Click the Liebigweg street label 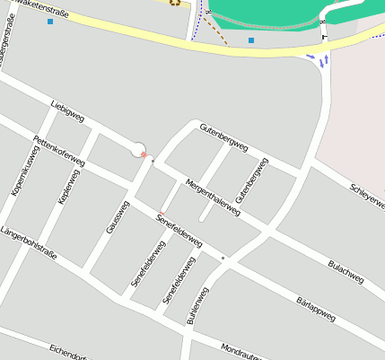[x=67, y=111]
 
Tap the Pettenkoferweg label [x=58, y=150]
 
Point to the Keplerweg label [x=69, y=186]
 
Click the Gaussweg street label [x=118, y=216]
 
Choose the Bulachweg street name [x=346, y=271]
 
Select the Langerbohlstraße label [x=29, y=243]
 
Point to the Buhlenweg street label [x=197, y=305]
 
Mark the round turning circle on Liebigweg [x=139, y=150]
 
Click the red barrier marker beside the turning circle [x=144, y=155]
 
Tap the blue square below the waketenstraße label [x=50, y=21]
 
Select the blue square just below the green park [x=251, y=40]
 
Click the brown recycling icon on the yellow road [x=174, y=2]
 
